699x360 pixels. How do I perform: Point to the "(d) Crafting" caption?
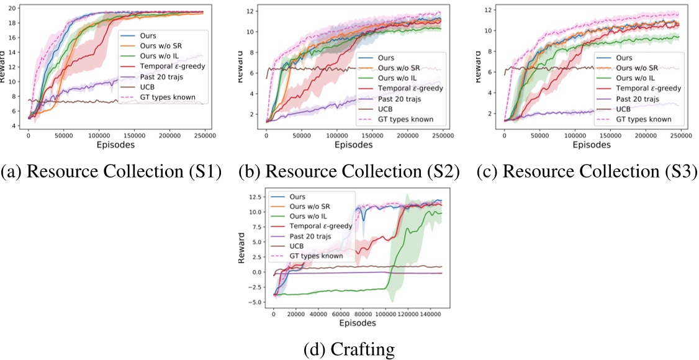349,350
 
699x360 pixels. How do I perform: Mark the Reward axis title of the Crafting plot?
242,248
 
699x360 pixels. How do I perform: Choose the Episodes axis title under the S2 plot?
348,145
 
